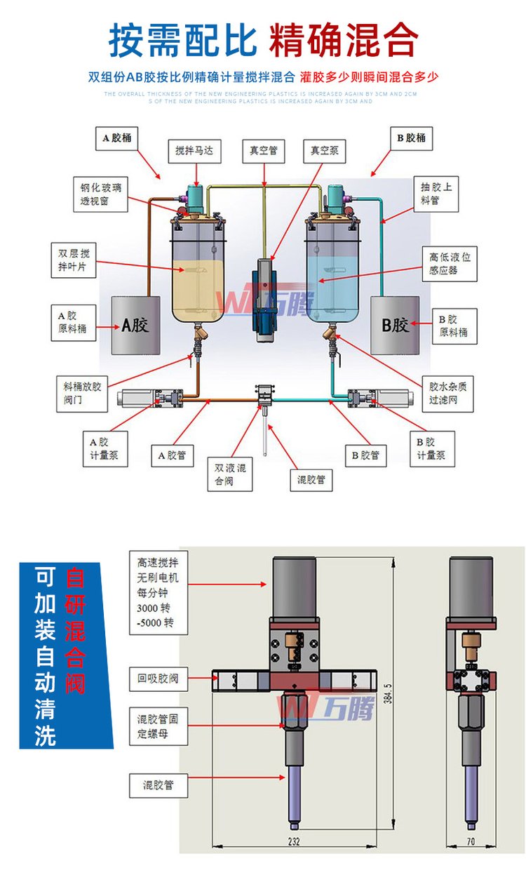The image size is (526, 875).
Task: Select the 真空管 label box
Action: coord(264,150)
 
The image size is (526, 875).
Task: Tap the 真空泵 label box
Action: coord(325,150)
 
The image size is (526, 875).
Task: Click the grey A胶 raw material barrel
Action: coord(136,325)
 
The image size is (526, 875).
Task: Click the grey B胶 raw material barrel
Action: coord(395,325)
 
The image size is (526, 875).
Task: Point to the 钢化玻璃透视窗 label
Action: coord(101,195)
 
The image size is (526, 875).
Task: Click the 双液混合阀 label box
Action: coord(230,475)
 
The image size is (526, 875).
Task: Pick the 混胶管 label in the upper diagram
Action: coord(311,481)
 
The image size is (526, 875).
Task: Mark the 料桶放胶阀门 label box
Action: coord(82,394)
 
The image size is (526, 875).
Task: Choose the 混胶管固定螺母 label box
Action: coord(162,727)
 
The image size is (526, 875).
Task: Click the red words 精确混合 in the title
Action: coord(343,41)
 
